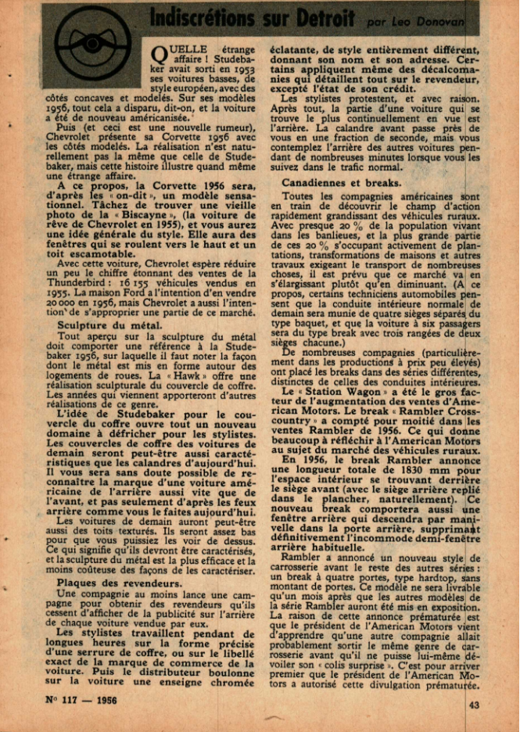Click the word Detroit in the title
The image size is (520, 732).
pyautogui.click(x=317, y=18)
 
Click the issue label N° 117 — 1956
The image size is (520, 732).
pyautogui.click(x=82, y=700)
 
